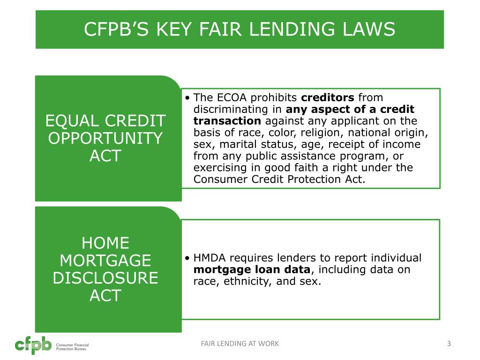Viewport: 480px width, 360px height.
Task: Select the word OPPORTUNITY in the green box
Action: pos(105,139)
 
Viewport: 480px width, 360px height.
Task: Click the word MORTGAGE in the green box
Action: pos(105,261)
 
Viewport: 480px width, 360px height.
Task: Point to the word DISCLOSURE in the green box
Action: pos(105,278)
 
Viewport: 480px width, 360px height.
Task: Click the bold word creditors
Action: pos(328,97)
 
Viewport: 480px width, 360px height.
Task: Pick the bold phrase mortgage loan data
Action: pos(252,270)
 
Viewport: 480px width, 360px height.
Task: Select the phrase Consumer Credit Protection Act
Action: pos(278,179)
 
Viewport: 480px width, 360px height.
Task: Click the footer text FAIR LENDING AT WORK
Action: pos(240,344)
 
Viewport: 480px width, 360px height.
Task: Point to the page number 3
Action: pos(449,344)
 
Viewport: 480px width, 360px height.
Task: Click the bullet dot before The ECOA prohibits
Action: pos(187,98)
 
